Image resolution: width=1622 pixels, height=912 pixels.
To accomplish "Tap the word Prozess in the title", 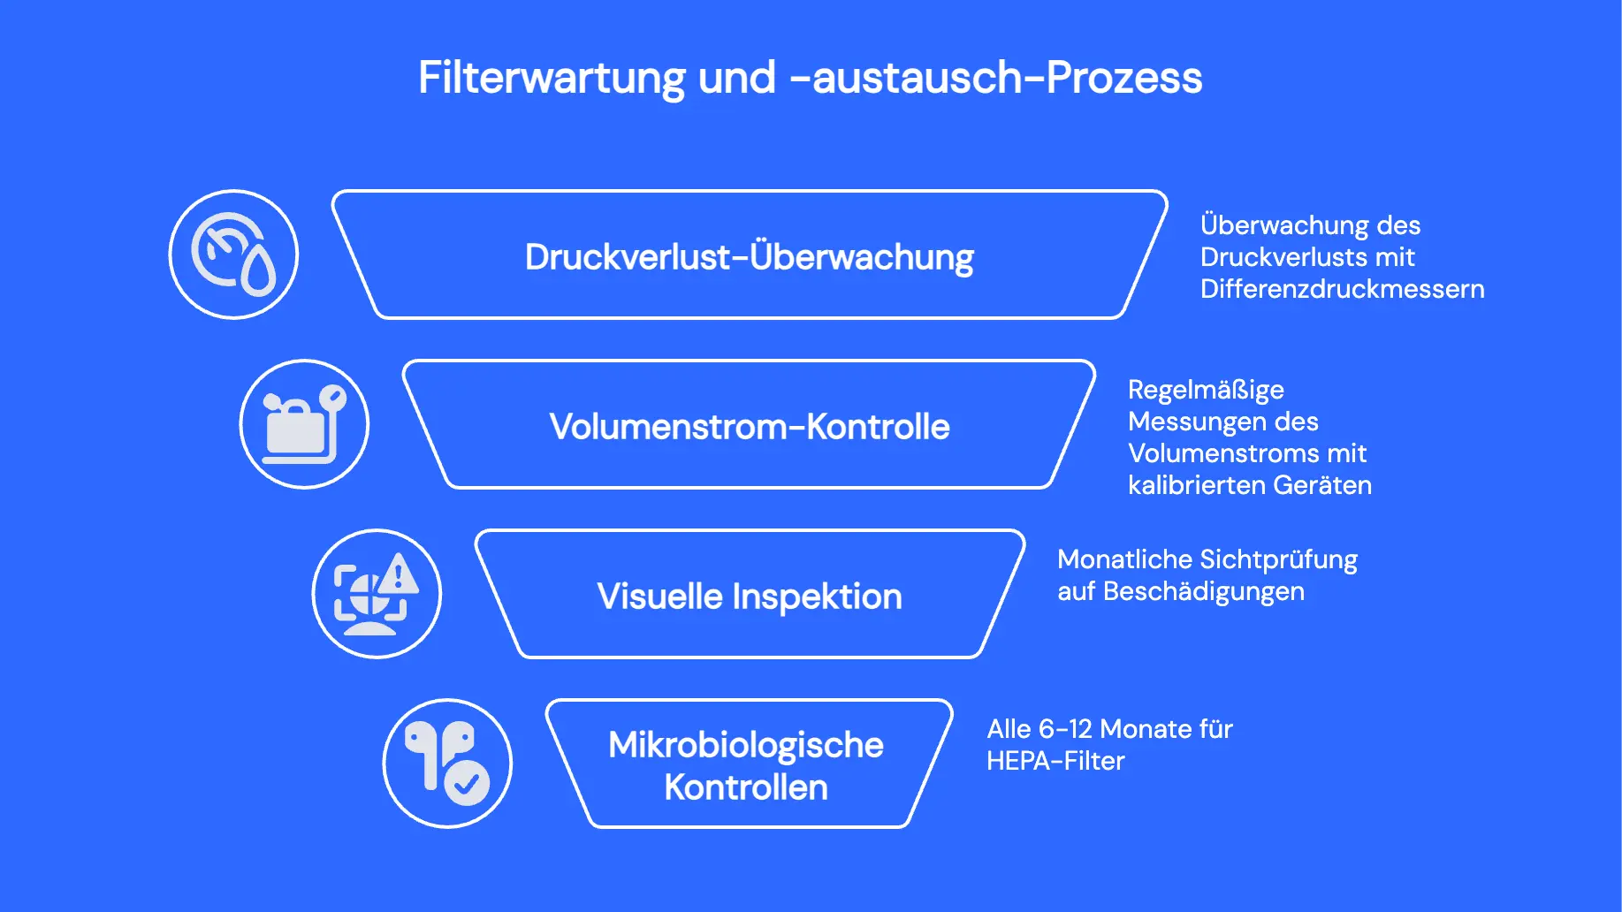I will point(1123,78).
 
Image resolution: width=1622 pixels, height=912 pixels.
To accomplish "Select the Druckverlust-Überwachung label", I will point(749,257).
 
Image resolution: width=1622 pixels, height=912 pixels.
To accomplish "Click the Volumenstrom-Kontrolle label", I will point(749,427).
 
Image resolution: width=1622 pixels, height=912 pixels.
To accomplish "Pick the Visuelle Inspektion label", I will point(749,597).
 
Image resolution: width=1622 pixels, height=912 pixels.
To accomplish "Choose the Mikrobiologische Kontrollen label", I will point(746,765).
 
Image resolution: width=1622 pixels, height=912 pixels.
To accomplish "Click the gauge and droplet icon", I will point(233,255).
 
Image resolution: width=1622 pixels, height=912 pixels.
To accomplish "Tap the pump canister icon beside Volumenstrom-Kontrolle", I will point(304,424).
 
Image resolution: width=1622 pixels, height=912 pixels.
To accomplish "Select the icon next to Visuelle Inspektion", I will point(377,594).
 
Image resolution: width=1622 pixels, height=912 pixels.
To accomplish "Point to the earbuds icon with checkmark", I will point(447,764).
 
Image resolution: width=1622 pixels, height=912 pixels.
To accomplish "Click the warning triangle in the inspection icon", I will point(399,574).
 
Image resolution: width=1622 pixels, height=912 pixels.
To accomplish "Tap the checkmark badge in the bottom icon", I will point(467,782).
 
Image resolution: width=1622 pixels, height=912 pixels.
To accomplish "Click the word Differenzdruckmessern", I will point(1342,289).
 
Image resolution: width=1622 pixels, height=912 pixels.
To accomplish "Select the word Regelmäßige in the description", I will point(1206,390).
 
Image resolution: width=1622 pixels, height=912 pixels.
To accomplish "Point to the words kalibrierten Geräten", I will point(1250,485).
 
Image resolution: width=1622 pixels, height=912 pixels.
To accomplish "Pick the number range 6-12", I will point(1065,729).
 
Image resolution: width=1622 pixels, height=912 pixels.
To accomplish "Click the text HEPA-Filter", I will point(1055,761).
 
